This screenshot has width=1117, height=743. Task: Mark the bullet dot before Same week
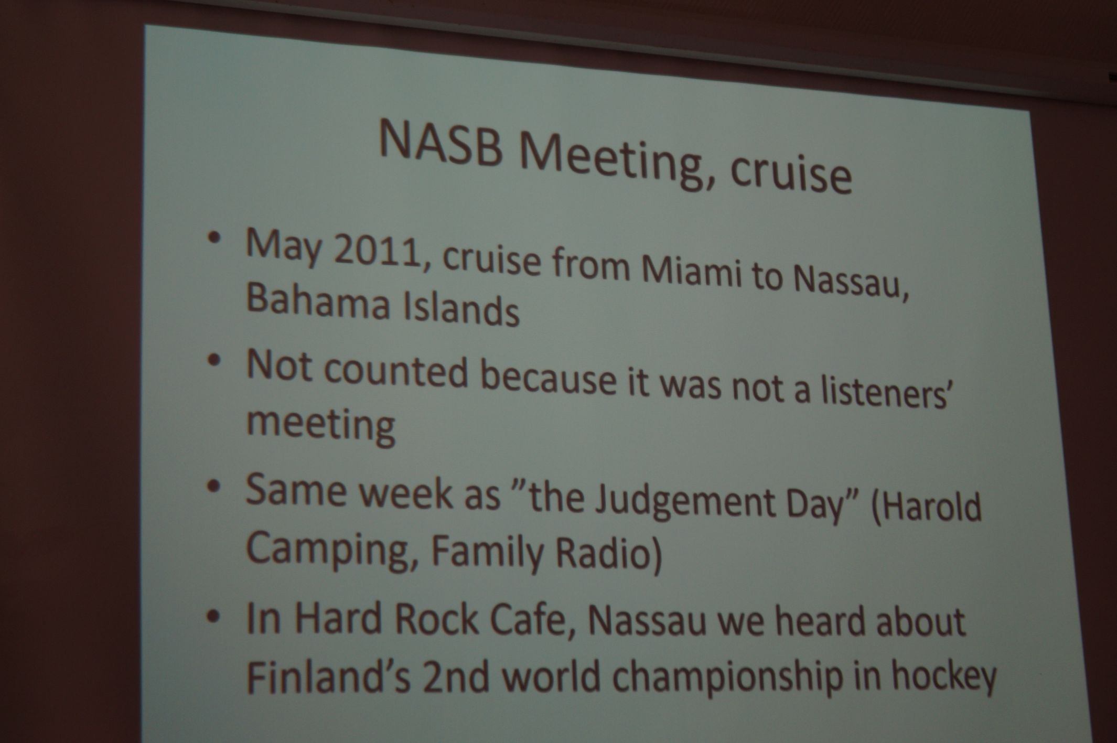tap(213, 486)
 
